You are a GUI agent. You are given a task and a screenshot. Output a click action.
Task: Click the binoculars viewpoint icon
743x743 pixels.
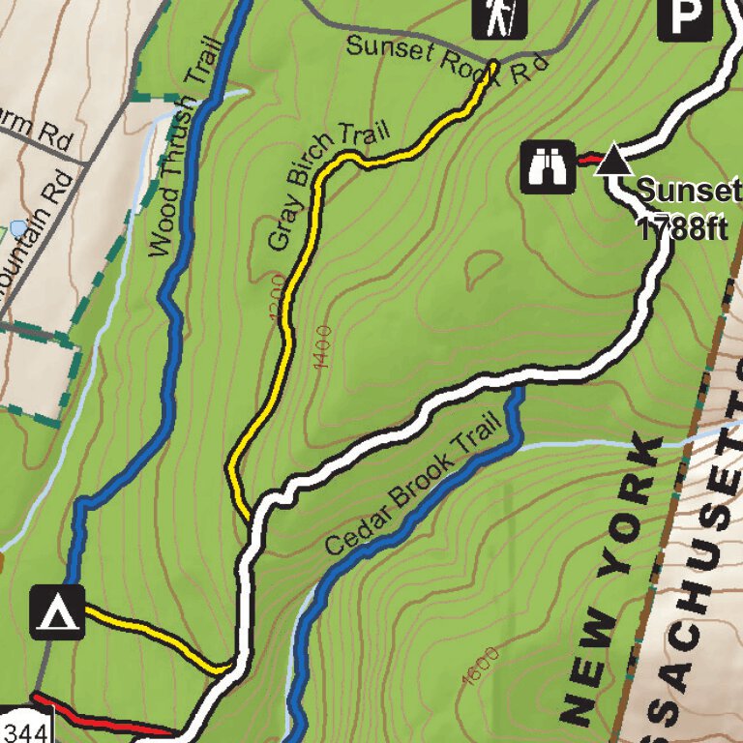[549, 166]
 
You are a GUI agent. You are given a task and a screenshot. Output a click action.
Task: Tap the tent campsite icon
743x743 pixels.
[58, 612]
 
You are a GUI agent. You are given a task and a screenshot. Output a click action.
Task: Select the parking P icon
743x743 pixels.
[684, 16]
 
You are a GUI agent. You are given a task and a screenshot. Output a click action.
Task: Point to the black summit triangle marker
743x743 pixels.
[612, 160]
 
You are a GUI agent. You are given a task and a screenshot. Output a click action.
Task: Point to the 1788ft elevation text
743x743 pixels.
[682, 228]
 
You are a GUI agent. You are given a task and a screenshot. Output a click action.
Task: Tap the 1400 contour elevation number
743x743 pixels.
[322, 348]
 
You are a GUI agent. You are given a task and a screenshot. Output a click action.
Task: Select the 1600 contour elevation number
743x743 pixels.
[481, 666]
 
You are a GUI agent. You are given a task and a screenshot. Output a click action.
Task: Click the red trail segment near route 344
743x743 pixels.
[106, 718]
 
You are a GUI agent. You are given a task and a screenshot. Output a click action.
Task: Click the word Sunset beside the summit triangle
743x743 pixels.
[687, 189]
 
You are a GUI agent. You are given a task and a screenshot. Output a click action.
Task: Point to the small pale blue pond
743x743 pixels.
[17, 229]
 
